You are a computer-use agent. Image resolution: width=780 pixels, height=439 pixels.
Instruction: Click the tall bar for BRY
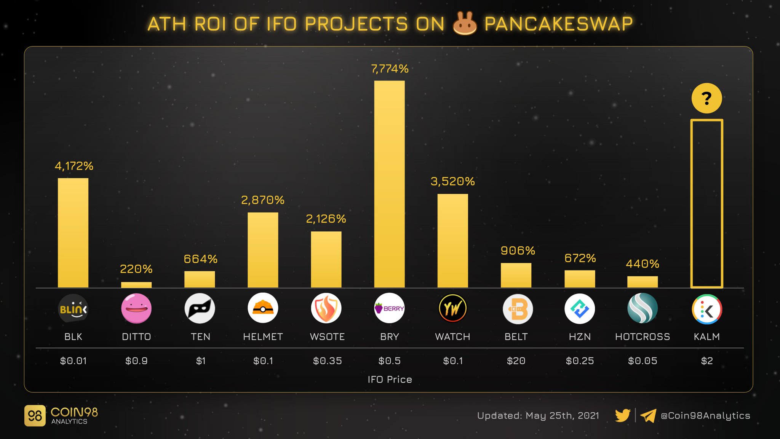(389, 184)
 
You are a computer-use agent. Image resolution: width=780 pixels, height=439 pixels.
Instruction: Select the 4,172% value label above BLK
(74, 166)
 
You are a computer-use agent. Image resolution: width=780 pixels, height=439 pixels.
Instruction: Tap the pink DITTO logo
(136, 308)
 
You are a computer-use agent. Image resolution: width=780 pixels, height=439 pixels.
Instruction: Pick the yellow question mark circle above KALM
(706, 98)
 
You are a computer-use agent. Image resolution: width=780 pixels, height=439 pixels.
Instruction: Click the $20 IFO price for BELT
(516, 361)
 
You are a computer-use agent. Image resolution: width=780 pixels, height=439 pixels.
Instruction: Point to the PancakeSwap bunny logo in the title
(464, 24)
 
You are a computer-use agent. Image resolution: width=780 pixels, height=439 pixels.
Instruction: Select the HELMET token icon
(263, 308)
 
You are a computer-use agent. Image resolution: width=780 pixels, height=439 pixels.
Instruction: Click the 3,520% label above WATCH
(452, 181)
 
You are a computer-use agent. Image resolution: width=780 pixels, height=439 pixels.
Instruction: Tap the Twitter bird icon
(623, 415)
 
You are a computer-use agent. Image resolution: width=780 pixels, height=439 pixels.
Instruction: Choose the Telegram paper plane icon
(648, 415)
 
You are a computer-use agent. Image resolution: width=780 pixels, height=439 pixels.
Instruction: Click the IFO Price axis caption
(390, 380)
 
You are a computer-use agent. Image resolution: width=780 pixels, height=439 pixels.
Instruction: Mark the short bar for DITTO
(136, 285)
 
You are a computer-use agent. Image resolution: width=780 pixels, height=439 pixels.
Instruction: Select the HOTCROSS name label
(642, 337)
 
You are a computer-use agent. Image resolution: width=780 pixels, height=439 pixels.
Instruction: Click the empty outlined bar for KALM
(706, 203)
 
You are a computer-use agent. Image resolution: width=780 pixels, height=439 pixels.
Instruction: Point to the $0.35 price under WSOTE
(327, 361)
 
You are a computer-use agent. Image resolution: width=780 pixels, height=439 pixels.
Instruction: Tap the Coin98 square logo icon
(35, 415)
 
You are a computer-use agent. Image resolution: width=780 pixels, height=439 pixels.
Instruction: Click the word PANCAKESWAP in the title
(558, 24)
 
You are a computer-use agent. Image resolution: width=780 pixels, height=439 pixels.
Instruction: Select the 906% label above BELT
(518, 251)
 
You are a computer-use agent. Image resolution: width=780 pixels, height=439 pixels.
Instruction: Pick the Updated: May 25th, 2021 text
(538, 416)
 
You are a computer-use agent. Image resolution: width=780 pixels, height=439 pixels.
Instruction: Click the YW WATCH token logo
(452, 308)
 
